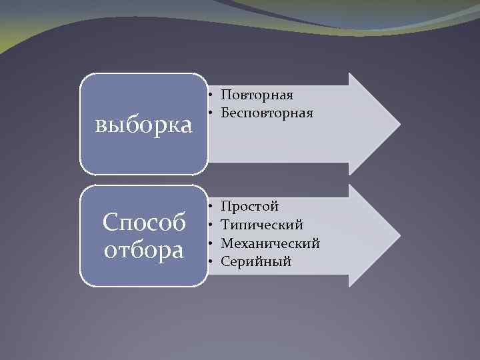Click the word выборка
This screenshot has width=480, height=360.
144,125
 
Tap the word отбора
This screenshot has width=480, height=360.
144,251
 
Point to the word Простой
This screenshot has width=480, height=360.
249,206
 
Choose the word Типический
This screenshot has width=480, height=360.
262,225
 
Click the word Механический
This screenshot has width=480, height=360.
270,243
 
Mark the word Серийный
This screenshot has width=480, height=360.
256,261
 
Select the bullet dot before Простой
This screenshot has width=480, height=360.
210,206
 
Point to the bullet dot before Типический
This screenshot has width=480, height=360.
210,225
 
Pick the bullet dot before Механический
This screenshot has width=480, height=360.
210,243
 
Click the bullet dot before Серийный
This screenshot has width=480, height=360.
210,261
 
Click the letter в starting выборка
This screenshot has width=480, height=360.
101,125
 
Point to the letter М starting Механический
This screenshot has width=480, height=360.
227,243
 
